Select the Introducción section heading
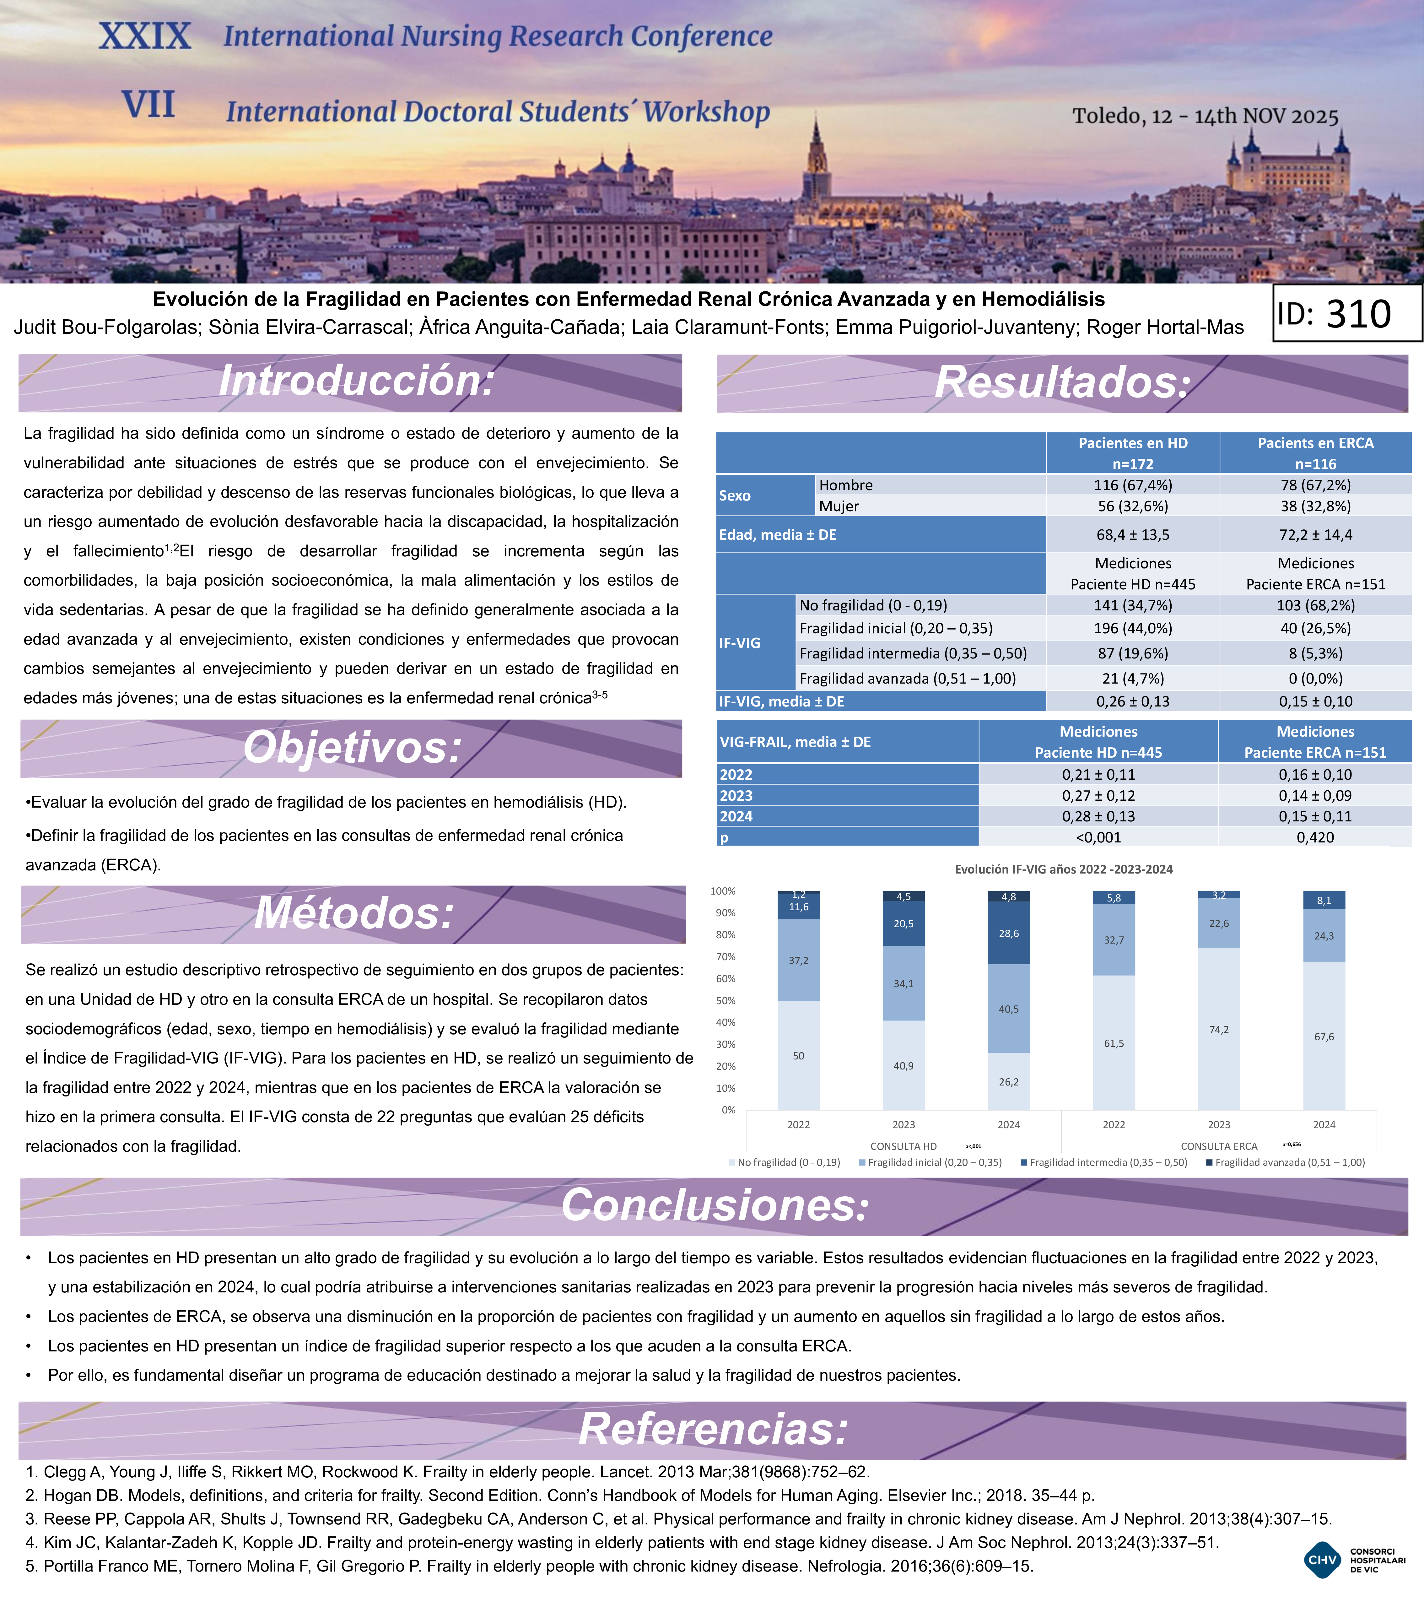[x=357, y=382]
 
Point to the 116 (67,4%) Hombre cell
[x=1132, y=485]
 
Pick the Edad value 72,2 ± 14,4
[x=1315, y=534]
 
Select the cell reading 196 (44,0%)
[x=1132, y=629]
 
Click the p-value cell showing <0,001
[x=1098, y=837]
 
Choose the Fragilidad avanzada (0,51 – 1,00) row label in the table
[x=908, y=679]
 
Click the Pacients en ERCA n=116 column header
[x=1315, y=453]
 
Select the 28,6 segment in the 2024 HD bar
[x=1009, y=934]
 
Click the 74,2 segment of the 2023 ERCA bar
[x=1219, y=1029]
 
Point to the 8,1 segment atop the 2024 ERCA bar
[x=1324, y=901]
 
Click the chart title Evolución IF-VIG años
[x=1064, y=869]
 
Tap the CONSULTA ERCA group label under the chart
[x=1219, y=1146]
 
